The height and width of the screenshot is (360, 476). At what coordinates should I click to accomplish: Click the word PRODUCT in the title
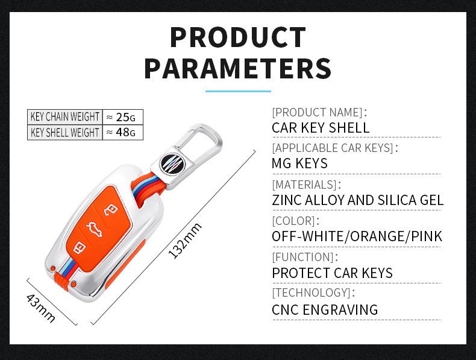tap(237, 37)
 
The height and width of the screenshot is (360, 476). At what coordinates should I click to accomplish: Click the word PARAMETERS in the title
tap(237, 68)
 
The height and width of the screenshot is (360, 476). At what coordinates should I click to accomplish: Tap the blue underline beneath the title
tap(237, 91)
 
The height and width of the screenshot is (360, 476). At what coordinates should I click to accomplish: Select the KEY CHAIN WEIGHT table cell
tap(64, 117)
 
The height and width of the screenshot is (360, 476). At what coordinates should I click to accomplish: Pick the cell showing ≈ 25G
tap(122, 117)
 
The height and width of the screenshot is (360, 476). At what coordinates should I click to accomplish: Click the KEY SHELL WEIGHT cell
tap(64, 133)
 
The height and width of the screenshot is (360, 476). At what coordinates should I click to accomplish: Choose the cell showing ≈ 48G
tap(122, 133)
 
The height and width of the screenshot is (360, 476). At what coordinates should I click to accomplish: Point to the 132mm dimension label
tap(185, 241)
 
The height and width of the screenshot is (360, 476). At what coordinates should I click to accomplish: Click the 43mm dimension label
tap(41, 307)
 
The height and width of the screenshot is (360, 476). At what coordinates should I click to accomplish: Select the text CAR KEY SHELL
tap(321, 128)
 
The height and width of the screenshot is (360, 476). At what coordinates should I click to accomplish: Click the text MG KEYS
tap(299, 163)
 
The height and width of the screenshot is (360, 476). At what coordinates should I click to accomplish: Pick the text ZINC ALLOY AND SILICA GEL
tap(357, 200)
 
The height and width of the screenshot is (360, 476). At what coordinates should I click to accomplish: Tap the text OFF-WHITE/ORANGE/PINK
tap(357, 236)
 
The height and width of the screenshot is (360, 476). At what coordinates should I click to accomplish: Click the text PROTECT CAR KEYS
tap(332, 273)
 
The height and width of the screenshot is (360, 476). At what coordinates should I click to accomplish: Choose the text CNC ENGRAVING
tap(325, 310)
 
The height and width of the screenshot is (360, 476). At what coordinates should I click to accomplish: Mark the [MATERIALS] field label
tap(306, 185)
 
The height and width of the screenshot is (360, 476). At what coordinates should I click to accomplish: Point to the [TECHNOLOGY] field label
tap(313, 293)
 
